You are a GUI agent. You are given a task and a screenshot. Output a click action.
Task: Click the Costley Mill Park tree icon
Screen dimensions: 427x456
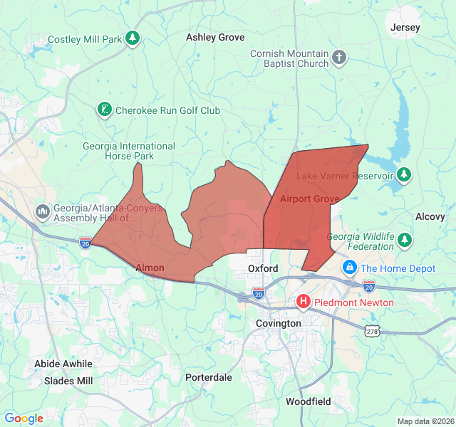pos(133,38)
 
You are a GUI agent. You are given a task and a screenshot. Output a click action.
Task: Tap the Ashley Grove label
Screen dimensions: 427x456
pos(215,37)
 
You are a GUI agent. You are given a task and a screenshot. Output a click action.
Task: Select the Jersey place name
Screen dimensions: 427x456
pos(405,27)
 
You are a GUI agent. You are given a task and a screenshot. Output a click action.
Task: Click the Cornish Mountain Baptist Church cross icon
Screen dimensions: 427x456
pos(340,58)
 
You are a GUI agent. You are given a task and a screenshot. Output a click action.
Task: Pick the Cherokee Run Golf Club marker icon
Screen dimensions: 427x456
pos(105,110)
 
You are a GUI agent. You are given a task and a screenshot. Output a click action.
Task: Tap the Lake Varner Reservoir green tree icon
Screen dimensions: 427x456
pos(404,175)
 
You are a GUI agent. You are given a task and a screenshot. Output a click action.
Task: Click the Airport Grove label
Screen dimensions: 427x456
pos(309,199)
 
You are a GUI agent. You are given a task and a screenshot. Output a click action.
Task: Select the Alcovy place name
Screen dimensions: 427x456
pos(430,216)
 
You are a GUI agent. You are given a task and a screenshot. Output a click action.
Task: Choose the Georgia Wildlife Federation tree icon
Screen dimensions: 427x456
pos(405,240)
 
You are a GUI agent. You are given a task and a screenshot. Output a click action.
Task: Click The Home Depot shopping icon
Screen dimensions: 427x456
pos(350,268)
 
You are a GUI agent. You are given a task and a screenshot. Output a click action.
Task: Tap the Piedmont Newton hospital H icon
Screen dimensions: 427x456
pos(304,302)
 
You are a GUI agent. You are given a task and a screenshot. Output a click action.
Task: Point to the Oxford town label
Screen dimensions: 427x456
pos(263,268)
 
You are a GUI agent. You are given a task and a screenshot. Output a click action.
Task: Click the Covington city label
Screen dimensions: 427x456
pos(279,323)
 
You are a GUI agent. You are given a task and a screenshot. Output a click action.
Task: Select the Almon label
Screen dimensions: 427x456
pos(150,268)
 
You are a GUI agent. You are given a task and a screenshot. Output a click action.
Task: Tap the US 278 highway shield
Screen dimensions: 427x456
pos(371,331)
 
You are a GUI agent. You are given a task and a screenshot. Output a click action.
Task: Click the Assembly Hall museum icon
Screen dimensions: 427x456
pos(42,211)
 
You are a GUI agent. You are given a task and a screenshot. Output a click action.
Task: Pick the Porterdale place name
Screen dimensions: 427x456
pos(209,377)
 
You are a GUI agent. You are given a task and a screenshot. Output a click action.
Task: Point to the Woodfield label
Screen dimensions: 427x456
pos(308,401)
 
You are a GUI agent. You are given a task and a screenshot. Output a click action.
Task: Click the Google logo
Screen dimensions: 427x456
pos(24,418)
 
